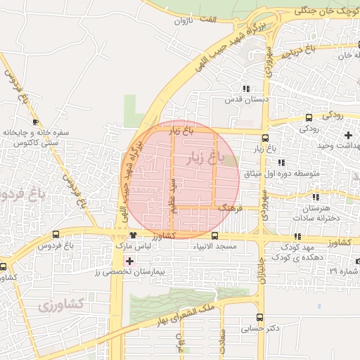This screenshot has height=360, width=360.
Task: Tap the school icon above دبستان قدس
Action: point(245,89)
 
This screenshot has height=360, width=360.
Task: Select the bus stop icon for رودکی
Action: point(309,117)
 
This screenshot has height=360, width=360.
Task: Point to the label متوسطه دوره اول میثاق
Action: point(282,173)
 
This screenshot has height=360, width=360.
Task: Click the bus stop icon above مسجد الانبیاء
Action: point(214,236)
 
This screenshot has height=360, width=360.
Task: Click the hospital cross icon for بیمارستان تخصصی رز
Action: point(129,260)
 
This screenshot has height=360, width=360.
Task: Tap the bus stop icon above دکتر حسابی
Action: point(260,317)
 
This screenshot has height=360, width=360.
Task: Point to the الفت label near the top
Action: point(207,19)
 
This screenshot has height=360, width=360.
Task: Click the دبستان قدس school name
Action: point(246,100)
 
